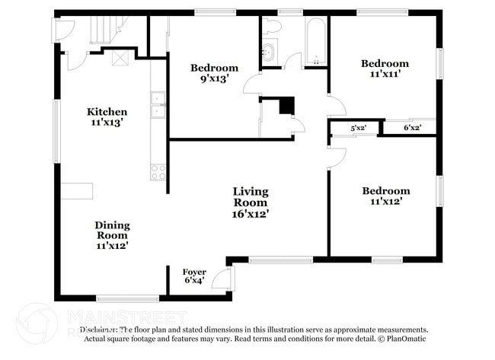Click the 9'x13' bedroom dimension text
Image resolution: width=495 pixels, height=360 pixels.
pos(214,78)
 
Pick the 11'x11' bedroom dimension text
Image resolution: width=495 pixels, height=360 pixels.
pos(385,75)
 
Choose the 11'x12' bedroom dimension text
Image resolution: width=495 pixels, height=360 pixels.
pos(385,202)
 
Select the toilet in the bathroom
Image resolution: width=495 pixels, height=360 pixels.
pos(273,27)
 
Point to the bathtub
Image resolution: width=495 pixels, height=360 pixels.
pos(315,42)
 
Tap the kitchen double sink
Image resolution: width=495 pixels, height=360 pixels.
pos(158,105)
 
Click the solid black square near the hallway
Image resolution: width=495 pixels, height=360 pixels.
pos(286,106)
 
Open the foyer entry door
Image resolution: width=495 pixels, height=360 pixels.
pos(219,279)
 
